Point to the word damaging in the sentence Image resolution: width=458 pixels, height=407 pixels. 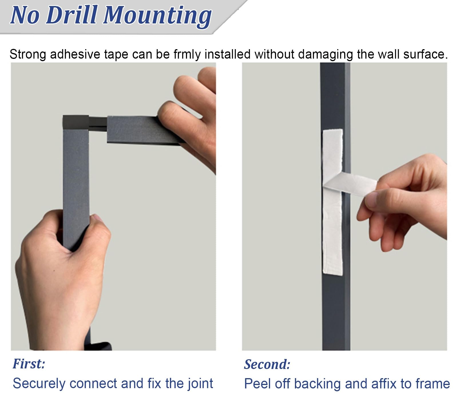coord(325,55)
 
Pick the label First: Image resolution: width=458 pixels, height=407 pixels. coord(29,364)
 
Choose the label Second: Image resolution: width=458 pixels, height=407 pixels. coord(267,364)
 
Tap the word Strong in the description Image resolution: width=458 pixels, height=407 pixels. coord(28,55)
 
